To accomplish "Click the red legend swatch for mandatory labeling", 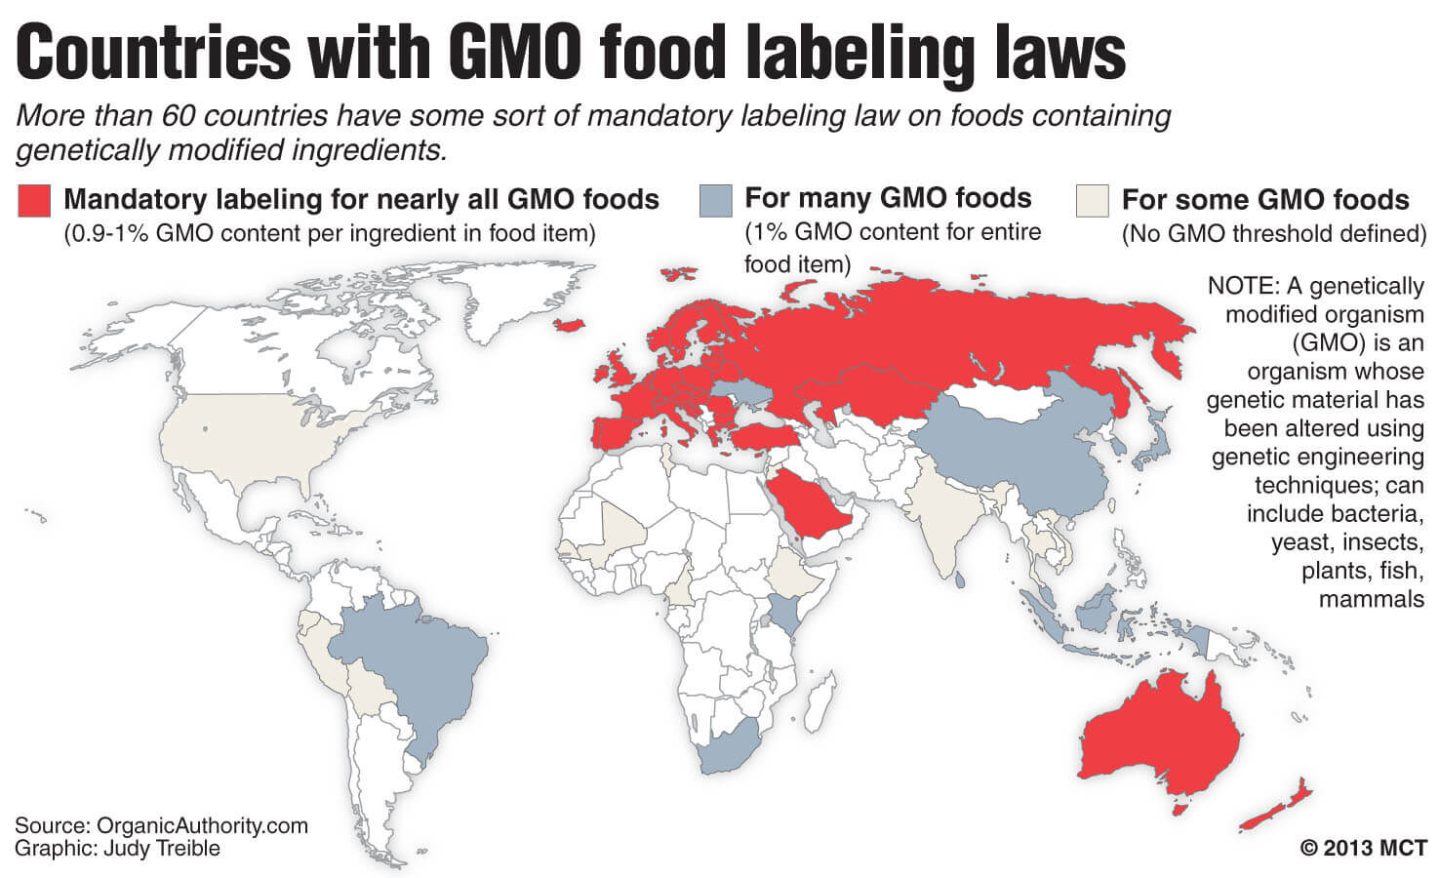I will point(33,201).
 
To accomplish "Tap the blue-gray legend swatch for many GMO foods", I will point(715,201).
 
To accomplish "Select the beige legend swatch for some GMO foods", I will point(1092,201).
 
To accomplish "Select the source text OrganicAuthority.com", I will point(202,825).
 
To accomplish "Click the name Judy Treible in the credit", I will point(159,848).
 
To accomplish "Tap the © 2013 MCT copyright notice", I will point(1363,848).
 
